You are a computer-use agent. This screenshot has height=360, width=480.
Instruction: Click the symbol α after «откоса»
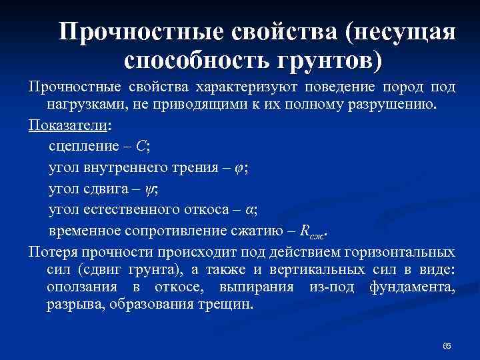249,210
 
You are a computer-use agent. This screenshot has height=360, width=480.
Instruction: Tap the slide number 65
447,345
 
